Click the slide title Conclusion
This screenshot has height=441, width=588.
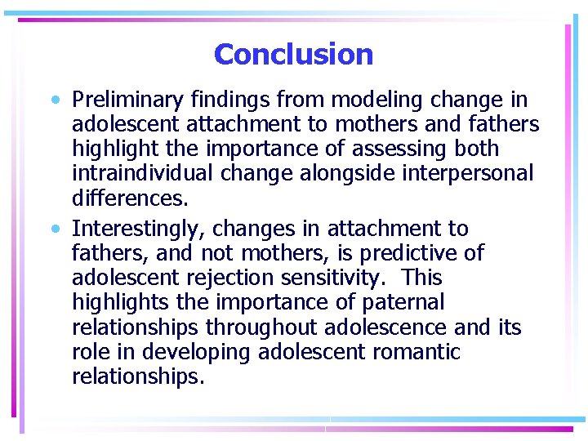[x=293, y=55]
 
